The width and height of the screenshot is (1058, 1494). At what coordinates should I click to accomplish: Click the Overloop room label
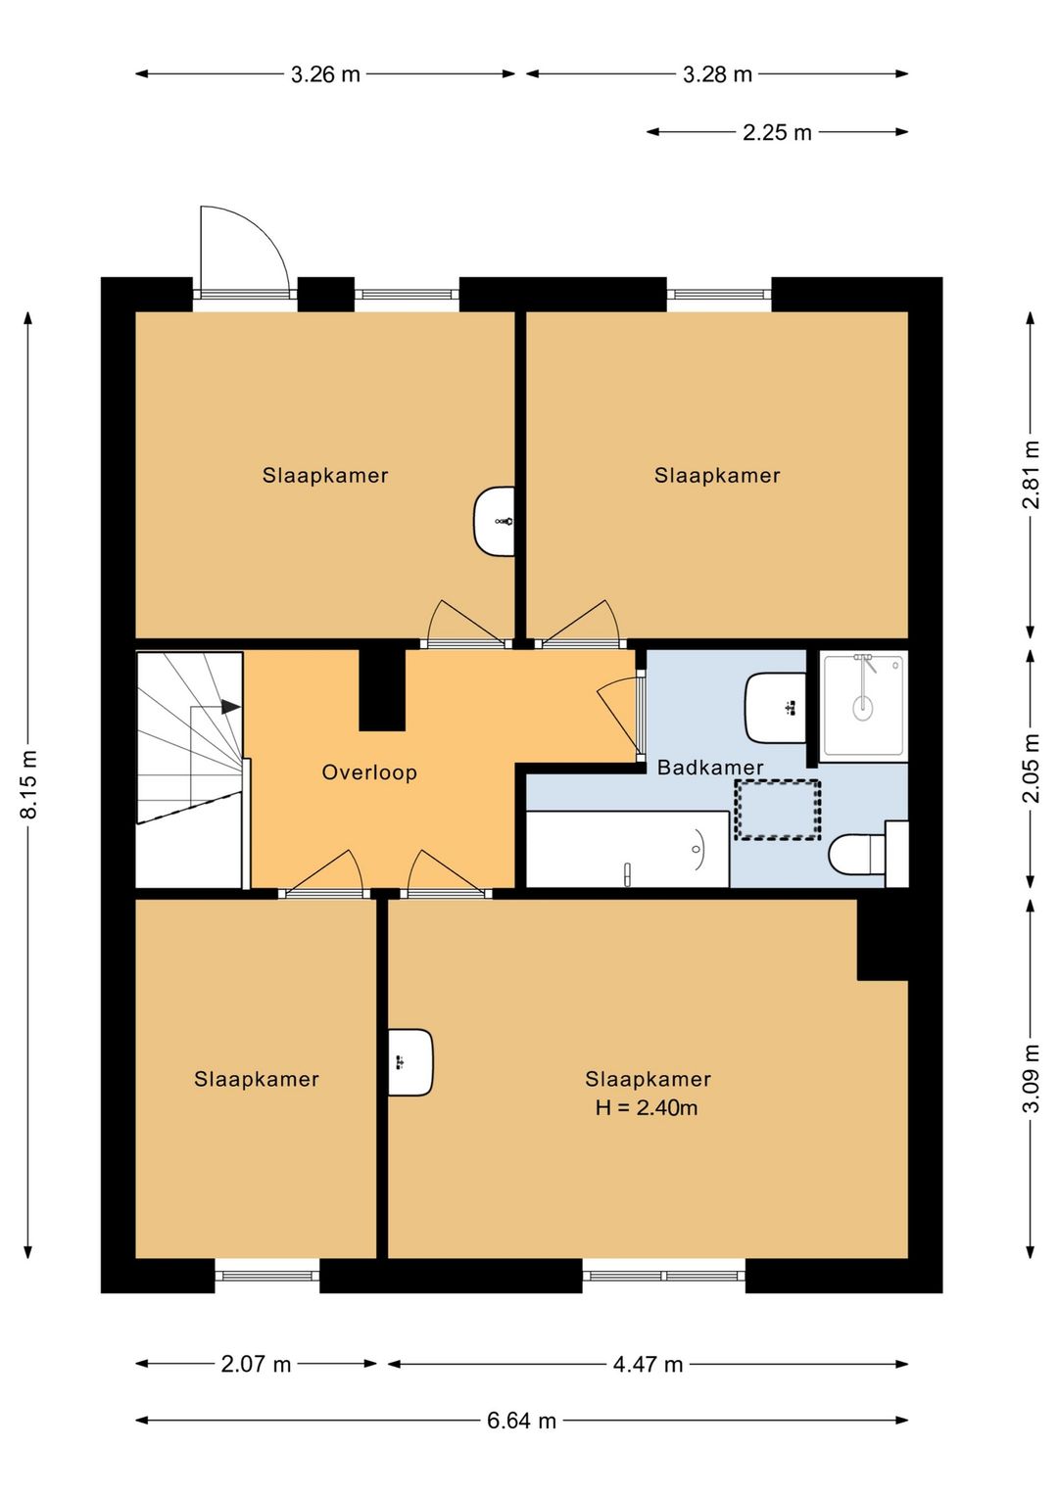click(369, 772)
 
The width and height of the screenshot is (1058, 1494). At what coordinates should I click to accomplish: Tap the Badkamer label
click(709, 768)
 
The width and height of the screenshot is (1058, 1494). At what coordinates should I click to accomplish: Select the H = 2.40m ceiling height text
click(647, 1108)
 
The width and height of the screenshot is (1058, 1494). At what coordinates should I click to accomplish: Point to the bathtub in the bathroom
click(627, 850)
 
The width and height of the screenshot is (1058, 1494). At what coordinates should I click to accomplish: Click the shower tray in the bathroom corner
click(863, 705)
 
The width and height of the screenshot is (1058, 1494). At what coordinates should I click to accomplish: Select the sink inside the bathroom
click(776, 707)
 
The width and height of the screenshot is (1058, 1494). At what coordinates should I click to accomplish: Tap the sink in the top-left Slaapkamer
click(495, 521)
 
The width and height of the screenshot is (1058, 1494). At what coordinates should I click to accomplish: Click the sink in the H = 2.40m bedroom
click(409, 1062)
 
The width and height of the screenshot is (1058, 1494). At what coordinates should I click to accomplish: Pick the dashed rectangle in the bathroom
click(778, 810)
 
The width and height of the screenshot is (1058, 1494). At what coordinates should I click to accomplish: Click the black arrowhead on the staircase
click(230, 706)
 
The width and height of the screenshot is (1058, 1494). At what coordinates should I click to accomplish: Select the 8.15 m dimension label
click(29, 784)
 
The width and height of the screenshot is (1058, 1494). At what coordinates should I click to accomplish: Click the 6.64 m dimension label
click(521, 1421)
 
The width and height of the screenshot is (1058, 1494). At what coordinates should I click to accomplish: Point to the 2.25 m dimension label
click(777, 132)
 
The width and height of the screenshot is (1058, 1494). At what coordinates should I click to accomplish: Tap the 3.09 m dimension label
click(1031, 1078)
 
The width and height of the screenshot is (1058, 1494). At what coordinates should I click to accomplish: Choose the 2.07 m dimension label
click(256, 1364)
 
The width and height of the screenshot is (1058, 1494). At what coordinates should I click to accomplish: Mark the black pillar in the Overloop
click(382, 689)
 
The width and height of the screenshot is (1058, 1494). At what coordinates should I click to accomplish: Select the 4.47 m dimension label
click(648, 1364)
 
